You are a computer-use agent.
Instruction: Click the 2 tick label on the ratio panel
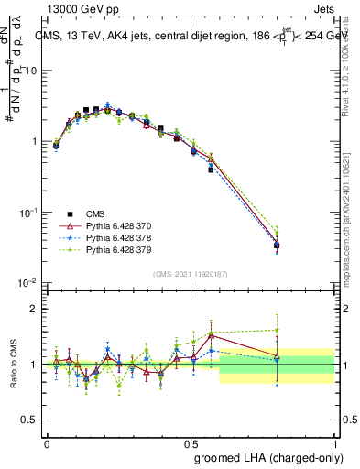tap(33, 309)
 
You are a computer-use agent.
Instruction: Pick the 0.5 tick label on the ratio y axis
tap(28, 420)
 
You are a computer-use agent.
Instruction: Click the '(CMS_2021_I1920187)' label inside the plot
tap(191, 274)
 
